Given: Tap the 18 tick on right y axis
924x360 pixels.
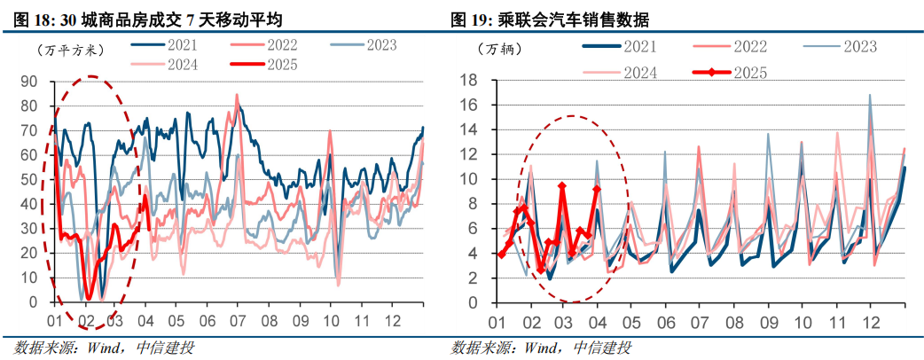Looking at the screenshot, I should pyautogui.click(x=471, y=81).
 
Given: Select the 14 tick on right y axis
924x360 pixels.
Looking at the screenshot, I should pyautogui.click(x=471, y=130).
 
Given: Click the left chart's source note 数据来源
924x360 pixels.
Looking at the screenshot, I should pyautogui.click(x=104, y=347).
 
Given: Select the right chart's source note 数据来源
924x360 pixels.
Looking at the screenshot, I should pyautogui.click(x=541, y=347).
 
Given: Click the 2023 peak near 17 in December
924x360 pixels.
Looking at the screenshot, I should pyautogui.click(x=870, y=94).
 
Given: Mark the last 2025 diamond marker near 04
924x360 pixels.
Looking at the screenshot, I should pyautogui.click(x=596, y=189).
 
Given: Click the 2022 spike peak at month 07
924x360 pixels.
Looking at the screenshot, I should pyautogui.click(x=237, y=95).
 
